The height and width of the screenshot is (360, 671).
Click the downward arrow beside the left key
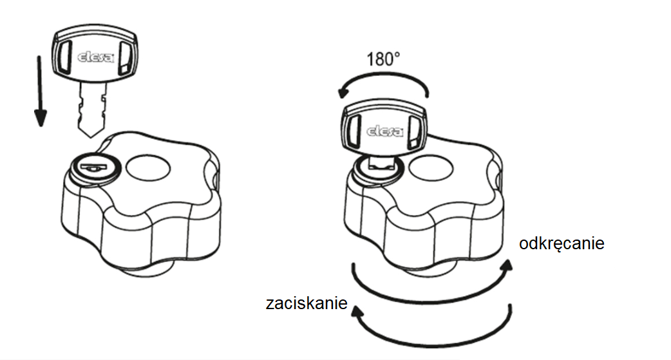pyautogui.click(x=40, y=90)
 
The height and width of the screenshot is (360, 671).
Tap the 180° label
pyautogui.click(x=383, y=60)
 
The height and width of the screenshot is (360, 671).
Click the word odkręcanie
pyautogui.click(x=562, y=245)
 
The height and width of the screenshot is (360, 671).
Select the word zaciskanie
pyautogui.click(x=307, y=303)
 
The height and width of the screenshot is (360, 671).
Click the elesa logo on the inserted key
pyautogui.click(x=384, y=131)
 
